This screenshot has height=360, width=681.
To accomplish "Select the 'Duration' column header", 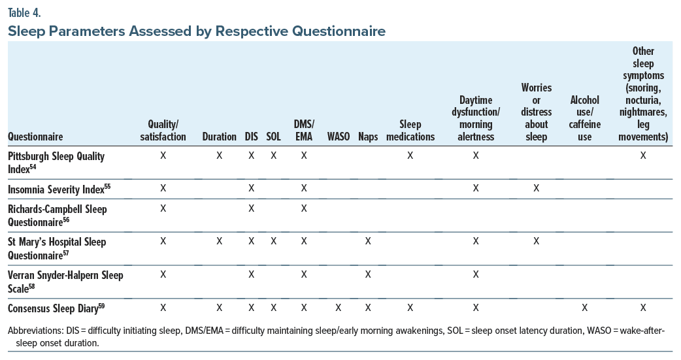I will tap(219, 137).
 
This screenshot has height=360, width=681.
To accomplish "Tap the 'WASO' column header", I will tap(338, 137).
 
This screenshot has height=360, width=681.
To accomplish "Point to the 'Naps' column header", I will tap(368, 137).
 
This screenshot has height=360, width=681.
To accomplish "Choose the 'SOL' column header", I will tap(273, 137).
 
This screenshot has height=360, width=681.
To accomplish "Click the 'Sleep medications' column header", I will tap(410, 130).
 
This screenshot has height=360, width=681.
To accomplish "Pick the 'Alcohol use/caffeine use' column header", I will tap(584, 118).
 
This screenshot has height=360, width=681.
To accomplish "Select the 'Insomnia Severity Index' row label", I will tap(59, 189).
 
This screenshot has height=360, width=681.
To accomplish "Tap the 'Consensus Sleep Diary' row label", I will tap(56, 308).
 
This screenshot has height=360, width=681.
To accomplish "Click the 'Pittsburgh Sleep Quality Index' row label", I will tap(56, 162).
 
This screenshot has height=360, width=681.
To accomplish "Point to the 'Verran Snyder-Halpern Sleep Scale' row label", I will tap(65, 281).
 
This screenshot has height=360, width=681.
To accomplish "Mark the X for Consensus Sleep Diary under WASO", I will tap(338, 307).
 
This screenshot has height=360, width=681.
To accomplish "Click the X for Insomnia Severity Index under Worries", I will tap(536, 188).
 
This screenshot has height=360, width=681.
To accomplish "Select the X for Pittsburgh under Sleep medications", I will tap(410, 155).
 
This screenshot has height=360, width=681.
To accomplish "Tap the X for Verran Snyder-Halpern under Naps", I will tap(368, 274).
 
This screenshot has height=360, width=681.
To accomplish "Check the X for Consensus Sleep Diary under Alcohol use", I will tap(584, 307).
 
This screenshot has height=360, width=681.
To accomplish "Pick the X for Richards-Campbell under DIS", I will tap(251, 208).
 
